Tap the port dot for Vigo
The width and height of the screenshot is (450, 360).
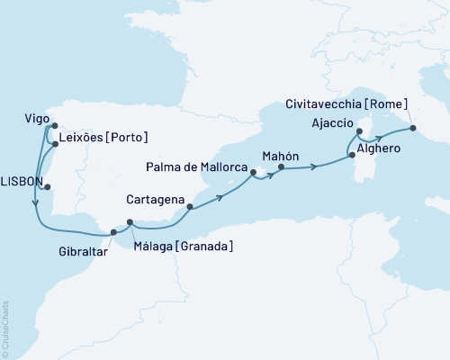click(53, 127)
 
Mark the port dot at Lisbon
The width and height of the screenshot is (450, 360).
click(47, 188)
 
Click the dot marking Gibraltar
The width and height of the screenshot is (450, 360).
click(113, 232)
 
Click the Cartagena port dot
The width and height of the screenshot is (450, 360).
click(189, 207)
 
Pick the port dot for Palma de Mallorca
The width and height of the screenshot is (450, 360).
click(254, 173)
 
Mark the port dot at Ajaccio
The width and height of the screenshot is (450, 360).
click(359, 131)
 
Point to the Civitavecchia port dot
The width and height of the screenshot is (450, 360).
click(413, 128)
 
